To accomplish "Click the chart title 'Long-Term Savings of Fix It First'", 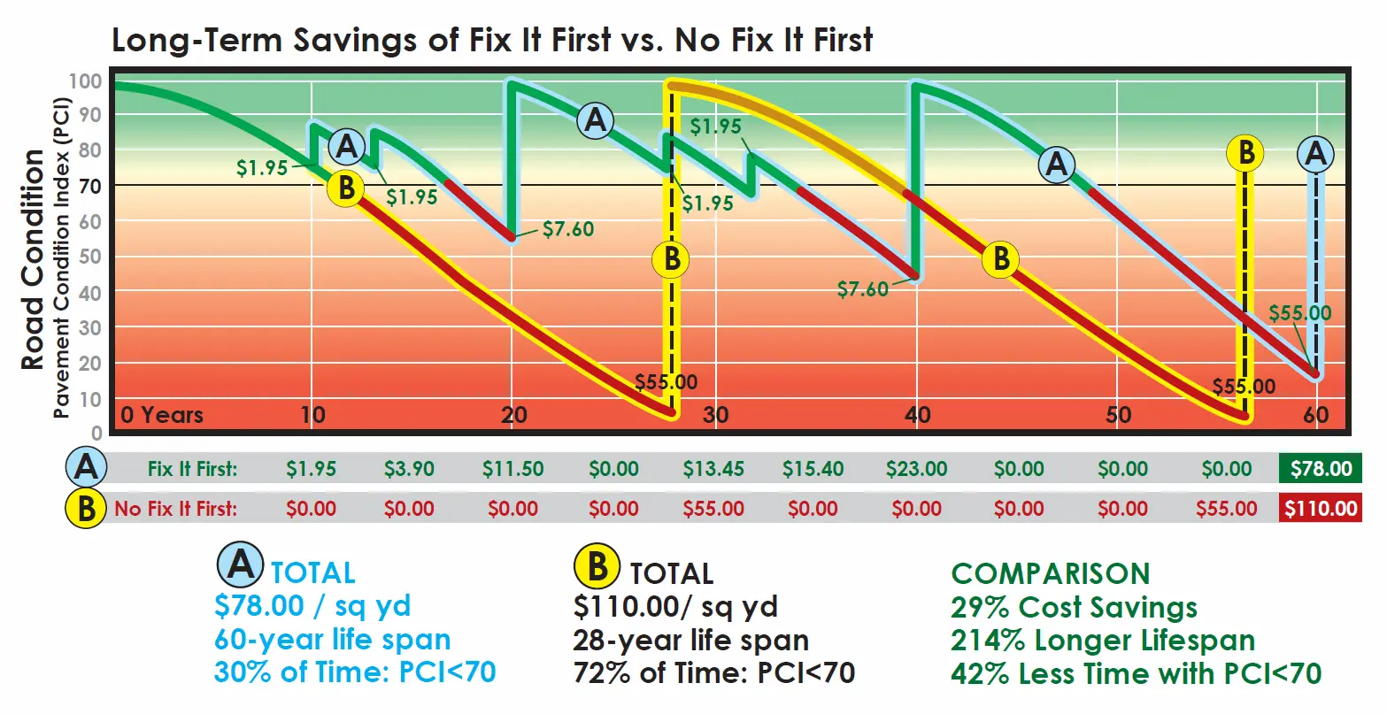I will click(492, 40).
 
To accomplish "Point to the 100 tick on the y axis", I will click(85, 81).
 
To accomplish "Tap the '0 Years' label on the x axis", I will click(162, 415).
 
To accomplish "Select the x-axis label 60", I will click(1316, 415).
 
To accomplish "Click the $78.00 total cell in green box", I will click(1321, 469).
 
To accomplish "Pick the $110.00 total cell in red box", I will click(1321, 509).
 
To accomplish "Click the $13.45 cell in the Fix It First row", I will click(713, 469).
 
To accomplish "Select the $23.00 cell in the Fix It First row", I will click(916, 469).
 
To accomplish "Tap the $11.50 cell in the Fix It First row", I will click(512, 469).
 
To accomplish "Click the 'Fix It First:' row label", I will click(192, 469).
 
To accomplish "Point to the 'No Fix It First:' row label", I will click(175, 509).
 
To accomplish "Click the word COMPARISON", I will click(1050, 573).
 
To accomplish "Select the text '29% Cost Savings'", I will click(1074, 607).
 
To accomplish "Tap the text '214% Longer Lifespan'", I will click(1102, 640).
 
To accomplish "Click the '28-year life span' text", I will click(690, 640).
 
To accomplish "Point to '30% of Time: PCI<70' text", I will click(355, 672).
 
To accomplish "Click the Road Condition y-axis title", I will click(33, 258).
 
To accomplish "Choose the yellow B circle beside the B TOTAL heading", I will click(597, 566).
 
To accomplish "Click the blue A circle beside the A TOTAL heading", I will click(241, 564).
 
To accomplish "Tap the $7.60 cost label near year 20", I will click(567, 229).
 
